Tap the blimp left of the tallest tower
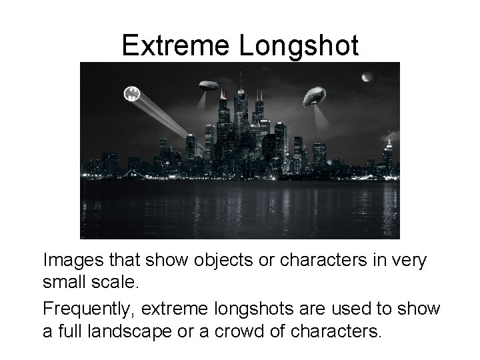pyautogui.click(x=209, y=85)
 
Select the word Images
pyautogui.click(x=73, y=260)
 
